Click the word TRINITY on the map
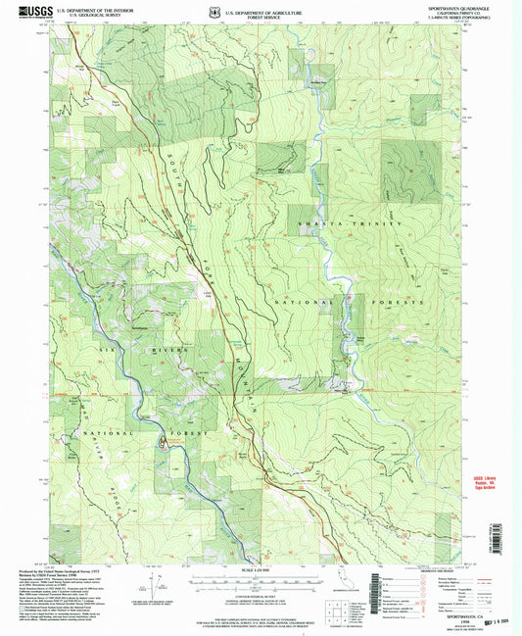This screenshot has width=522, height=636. point(383,225)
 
